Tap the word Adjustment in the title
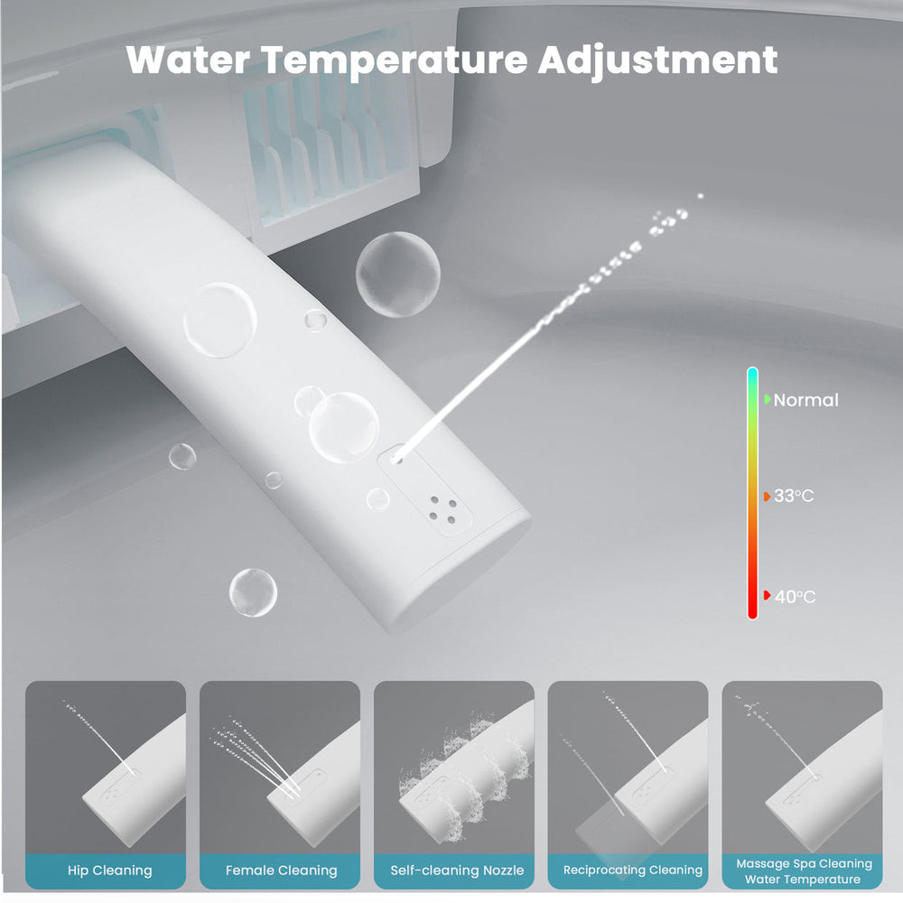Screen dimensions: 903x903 point(657,60)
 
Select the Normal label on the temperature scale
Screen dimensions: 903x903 point(805,400)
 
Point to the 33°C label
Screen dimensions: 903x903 point(794,497)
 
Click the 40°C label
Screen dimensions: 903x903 point(794,596)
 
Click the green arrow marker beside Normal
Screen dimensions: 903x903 point(768,399)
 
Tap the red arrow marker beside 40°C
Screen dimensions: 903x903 point(767,595)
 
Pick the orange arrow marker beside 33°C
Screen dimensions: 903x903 point(767,496)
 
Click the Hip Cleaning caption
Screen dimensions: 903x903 point(109,870)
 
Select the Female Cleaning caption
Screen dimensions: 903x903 point(281,870)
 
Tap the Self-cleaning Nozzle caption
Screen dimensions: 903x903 point(456,870)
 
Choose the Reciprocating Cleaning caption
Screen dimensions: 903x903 point(632,870)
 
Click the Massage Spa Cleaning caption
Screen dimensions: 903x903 point(804,863)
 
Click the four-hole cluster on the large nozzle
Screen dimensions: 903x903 point(442,508)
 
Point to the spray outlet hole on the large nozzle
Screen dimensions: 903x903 point(396,458)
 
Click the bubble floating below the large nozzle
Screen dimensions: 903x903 point(252,592)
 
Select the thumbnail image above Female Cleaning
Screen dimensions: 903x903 point(280,767)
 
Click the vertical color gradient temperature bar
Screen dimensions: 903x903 point(752,493)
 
